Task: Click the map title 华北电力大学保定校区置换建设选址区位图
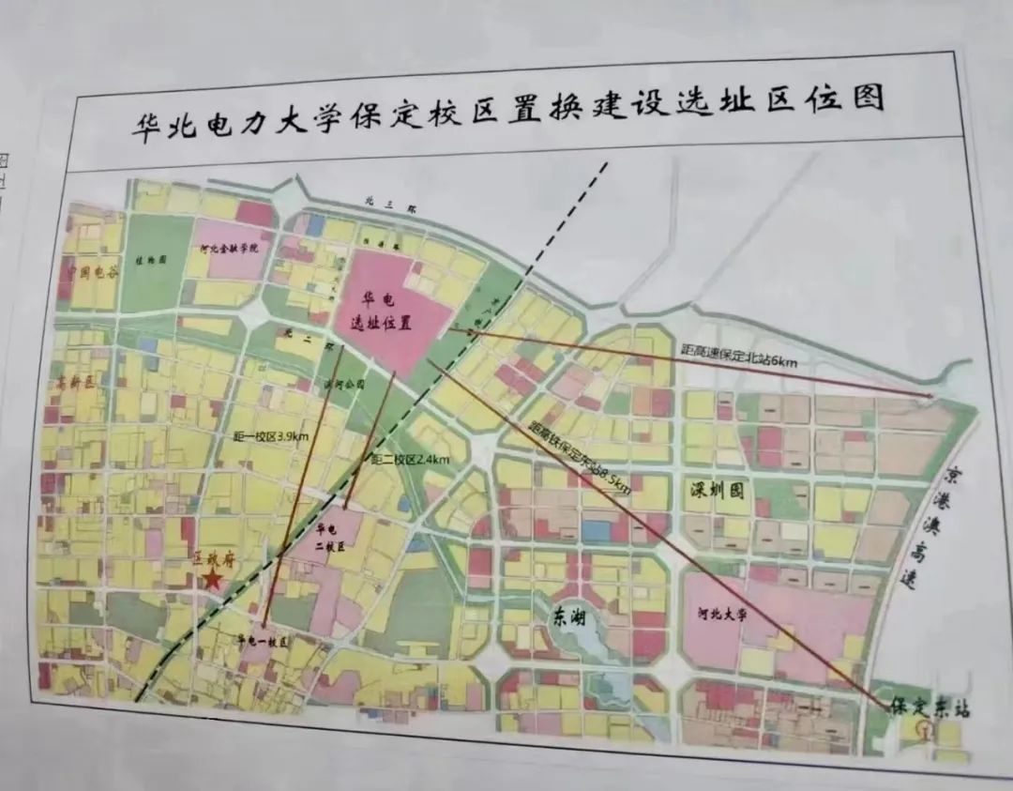pyautogui.click(x=507, y=114)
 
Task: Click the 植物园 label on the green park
pyautogui.click(x=149, y=260)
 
